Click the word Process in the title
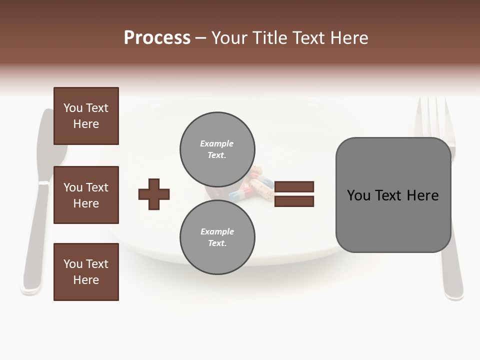pos(157,38)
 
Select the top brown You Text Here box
pos(86,116)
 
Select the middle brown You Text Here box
pos(86,195)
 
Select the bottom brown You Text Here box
pos(86,272)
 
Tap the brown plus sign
pos(153,194)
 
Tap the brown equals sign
pos(294,194)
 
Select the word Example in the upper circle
pos(217,143)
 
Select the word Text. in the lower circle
pos(217,243)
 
